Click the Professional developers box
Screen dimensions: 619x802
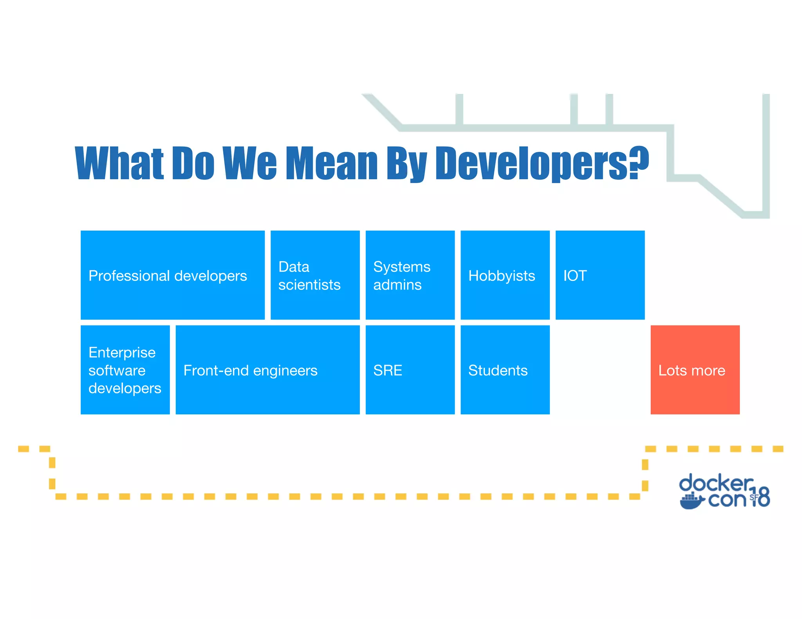pyautogui.click(x=172, y=275)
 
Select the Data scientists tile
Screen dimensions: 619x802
pyautogui.click(x=315, y=275)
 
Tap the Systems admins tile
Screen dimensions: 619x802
pyautogui.click(x=410, y=275)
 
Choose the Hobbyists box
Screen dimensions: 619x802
pyautogui.click(x=505, y=275)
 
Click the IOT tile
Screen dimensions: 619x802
pyautogui.click(x=600, y=275)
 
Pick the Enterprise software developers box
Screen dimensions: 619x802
pyautogui.click(x=125, y=370)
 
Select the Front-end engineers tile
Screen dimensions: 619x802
pyautogui.click(x=267, y=370)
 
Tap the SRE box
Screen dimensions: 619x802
pyautogui.click(x=410, y=370)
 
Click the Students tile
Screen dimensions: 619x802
pyautogui.click(x=505, y=370)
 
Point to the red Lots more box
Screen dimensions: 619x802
pyautogui.click(x=695, y=370)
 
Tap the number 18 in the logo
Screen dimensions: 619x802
pyautogui.click(x=760, y=497)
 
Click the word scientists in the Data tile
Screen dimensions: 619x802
pyautogui.click(x=309, y=285)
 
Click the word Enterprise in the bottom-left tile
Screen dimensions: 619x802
pyautogui.click(x=122, y=353)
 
